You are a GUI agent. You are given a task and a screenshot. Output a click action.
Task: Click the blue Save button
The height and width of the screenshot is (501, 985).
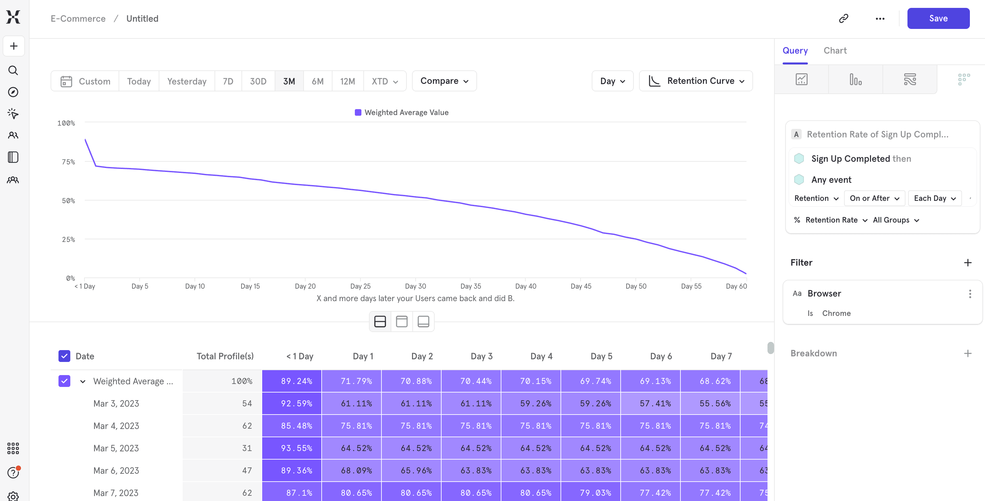point(938,18)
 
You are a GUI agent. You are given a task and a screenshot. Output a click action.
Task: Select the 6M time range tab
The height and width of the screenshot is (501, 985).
point(317,81)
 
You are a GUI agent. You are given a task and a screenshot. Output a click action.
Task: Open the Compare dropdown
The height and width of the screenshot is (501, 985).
point(444,81)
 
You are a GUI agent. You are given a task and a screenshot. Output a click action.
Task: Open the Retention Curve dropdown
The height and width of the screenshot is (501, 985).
point(696,81)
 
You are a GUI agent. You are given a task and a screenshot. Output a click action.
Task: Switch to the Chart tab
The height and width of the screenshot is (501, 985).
point(835,51)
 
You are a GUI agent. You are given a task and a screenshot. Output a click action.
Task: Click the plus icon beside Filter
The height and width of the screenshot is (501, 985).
point(967,263)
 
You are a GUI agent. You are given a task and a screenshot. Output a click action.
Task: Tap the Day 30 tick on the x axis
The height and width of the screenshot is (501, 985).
point(415,286)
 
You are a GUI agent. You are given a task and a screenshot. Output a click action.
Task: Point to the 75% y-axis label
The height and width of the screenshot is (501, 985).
point(68,162)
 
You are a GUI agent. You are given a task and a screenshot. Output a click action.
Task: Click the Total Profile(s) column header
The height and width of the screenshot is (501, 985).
point(225,356)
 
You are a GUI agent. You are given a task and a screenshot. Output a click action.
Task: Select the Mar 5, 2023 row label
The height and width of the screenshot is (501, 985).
point(116,448)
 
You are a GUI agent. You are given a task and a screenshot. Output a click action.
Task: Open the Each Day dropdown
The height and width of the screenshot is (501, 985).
point(934,198)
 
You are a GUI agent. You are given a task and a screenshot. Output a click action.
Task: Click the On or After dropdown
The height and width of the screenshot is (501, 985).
point(874,198)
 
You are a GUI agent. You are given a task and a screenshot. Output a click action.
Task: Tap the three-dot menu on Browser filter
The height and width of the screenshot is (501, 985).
point(970,294)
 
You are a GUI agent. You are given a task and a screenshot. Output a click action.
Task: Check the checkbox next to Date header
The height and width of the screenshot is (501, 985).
point(64,356)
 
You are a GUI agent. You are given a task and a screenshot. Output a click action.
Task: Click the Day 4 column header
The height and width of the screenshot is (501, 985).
point(541,356)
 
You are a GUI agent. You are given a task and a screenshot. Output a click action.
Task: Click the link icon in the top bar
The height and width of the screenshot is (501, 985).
point(843,18)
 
